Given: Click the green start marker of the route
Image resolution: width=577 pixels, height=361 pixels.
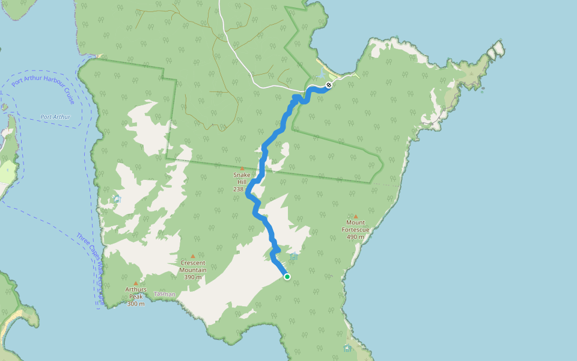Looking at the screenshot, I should (x=287, y=277).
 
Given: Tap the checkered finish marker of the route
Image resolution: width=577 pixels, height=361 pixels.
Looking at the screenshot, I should (x=329, y=85).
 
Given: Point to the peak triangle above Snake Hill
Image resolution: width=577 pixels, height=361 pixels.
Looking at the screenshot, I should (x=242, y=168).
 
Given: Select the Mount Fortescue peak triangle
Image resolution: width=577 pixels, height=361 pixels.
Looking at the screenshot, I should (x=355, y=217).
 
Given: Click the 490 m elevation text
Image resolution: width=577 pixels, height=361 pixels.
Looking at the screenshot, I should (x=355, y=236).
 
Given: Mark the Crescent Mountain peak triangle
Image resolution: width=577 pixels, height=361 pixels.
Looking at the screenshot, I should (x=193, y=256).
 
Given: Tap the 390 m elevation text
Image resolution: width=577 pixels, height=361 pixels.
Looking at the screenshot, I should (x=193, y=277).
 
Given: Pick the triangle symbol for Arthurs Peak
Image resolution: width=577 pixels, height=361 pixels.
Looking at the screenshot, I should (x=136, y=283).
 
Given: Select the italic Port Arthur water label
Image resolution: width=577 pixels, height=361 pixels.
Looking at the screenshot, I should (x=55, y=117).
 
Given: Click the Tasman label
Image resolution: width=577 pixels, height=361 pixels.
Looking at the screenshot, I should (x=164, y=294).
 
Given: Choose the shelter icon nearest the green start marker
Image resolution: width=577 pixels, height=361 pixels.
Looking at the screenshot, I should (x=293, y=256).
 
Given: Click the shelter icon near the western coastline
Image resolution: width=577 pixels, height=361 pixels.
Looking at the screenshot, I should (x=117, y=199).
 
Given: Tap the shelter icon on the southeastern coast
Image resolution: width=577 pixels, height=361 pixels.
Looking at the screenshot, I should (x=347, y=348).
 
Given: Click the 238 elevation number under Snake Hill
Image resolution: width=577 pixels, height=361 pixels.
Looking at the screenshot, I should (x=238, y=189).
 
